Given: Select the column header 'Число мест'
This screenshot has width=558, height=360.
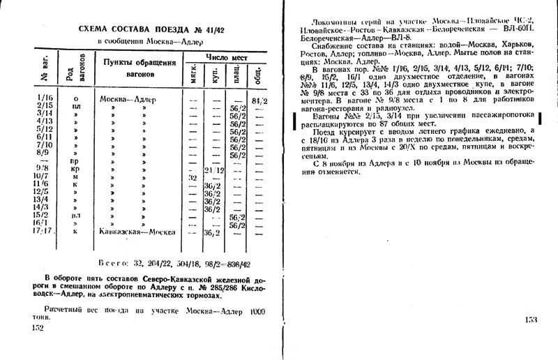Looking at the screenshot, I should click(223, 55).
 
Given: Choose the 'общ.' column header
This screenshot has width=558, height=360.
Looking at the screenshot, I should click(259, 74).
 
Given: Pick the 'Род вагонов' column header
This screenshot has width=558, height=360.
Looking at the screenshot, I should click(69, 70).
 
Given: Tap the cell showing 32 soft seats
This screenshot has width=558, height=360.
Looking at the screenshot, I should click(186, 179).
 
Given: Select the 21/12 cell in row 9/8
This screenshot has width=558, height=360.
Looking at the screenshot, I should click(213, 170).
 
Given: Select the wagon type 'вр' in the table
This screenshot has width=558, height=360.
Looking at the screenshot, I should click(75, 161).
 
